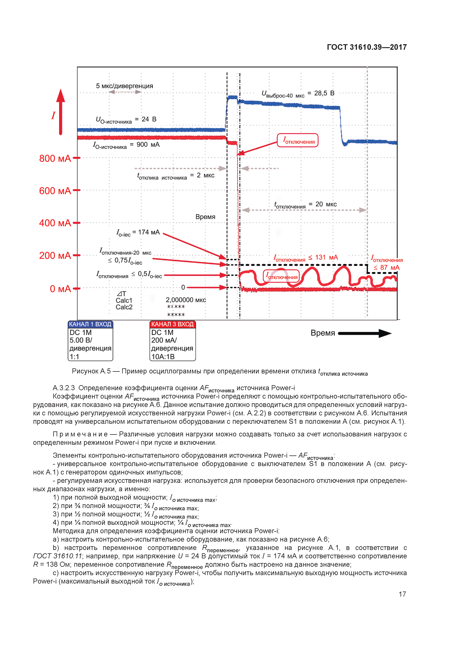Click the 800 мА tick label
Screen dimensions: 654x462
[x=55, y=158]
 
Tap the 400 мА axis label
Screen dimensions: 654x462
[x=55, y=223]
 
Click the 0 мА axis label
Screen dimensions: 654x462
[x=60, y=289]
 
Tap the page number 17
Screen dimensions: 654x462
[x=402, y=594]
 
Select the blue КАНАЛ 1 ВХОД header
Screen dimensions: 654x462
[x=90, y=324]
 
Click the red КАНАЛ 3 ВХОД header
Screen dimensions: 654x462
[x=173, y=324]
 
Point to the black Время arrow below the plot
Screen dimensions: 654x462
[x=365, y=333]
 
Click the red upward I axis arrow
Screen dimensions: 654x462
[x=61, y=112]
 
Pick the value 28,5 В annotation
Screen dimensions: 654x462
[x=324, y=93]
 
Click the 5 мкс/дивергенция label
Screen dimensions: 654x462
[x=124, y=86]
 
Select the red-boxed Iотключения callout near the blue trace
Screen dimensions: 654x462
[x=298, y=140]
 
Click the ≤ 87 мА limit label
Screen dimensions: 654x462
[x=387, y=268]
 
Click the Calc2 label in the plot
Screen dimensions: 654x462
[x=124, y=307]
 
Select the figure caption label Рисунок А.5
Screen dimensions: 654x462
[x=91, y=371]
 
